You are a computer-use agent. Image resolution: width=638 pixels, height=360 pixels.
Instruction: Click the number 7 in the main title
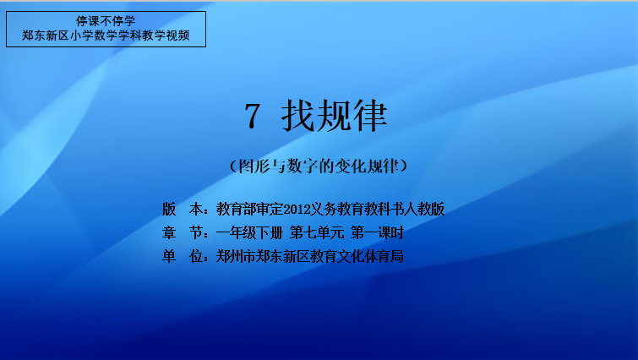(x=252, y=117)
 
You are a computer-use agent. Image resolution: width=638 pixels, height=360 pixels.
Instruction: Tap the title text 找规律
(x=334, y=116)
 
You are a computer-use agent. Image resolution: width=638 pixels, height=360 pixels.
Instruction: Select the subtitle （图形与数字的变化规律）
(x=319, y=166)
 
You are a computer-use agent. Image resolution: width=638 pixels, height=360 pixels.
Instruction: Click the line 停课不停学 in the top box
(x=106, y=21)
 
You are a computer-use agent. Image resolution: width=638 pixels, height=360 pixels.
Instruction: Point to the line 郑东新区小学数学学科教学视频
(x=106, y=35)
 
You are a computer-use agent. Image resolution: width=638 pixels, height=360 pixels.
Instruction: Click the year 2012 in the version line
(x=297, y=210)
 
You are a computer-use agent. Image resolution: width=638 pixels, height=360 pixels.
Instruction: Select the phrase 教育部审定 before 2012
(x=249, y=209)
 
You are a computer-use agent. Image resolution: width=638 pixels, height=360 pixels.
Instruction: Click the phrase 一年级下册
(x=249, y=232)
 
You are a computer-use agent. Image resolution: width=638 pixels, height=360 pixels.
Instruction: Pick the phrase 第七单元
(x=317, y=232)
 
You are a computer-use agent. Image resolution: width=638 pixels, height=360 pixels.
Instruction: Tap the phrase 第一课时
(x=377, y=232)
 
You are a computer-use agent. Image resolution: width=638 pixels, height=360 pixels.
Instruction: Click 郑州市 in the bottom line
(x=236, y=256)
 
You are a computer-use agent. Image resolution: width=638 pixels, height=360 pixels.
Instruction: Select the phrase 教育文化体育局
(x=357, y=256)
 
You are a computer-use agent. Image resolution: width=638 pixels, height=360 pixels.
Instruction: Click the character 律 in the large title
(x=370, y=116)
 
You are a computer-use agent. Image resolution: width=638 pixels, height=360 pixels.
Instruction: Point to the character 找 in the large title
(x=298, y=116)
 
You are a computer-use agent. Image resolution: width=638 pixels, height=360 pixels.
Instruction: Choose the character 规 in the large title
(x=334, y=116)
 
